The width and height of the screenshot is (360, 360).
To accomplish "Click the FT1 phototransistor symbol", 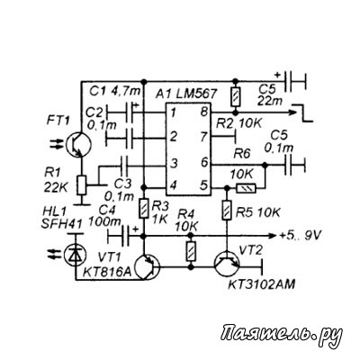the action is pyautogui.click(x=77, y=144).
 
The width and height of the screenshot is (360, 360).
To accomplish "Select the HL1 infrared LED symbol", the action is pyautogui.click(x=75, y=255).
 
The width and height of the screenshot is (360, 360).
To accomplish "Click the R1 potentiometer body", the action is pyautogui.click(x=82, y=185).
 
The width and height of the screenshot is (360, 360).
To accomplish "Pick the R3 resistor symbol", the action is pyautogui.click(x=144, y=209).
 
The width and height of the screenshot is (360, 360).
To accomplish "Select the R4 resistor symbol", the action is pyautogui.click(x=191, y=251).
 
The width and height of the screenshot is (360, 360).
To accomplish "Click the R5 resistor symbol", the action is pyautogui.click(x=227, y=211).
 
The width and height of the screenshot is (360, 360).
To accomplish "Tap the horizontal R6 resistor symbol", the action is pyautogui.click(x=247, y=188).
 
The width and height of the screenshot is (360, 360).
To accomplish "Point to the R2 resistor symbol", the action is pyautogui.click(x=235, y=96).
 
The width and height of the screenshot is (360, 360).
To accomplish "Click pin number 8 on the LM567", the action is pyautogui.click(x=203, y=112).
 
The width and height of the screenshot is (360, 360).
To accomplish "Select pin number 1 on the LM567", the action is pyautogui.click(x=173, y=113).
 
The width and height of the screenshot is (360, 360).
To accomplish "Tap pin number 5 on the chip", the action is pyautogui.click(x=203, y=185).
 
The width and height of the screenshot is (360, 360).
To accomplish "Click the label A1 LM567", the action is pyautogui.click(x=186, y=94).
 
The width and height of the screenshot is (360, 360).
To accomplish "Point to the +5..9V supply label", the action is pyautogui.click(x=300, y=236).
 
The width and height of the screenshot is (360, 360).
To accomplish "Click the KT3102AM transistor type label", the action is pyautogui.click(x=262, y=284).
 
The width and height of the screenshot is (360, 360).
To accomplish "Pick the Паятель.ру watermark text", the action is pyautogui.click(x=282, y=333).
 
